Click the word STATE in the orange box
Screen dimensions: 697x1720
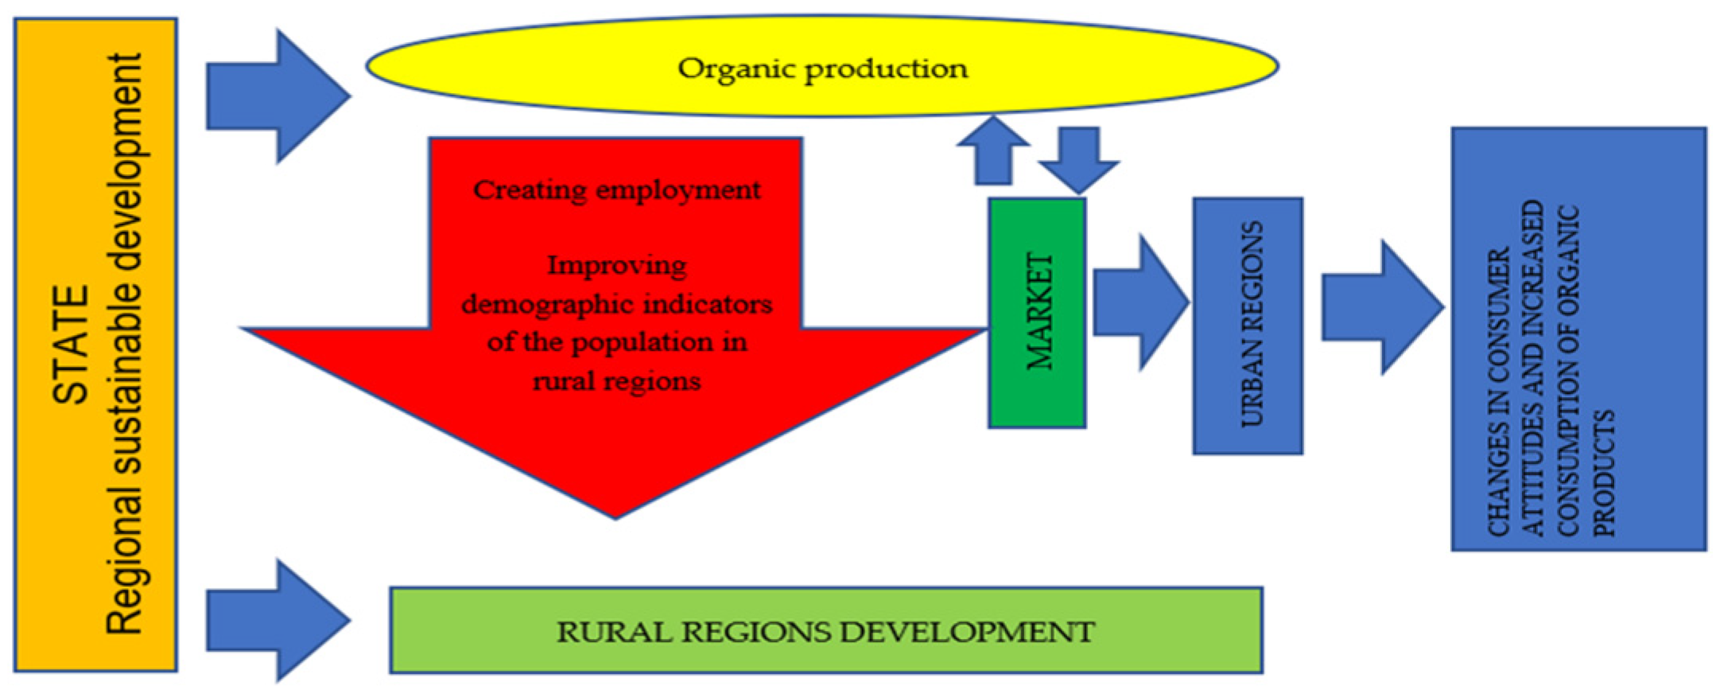click(70, 344)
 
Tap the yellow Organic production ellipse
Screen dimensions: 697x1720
click(822, 68)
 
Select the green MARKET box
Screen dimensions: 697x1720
click(1037, 313)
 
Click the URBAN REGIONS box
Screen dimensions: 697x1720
click(1248, 325)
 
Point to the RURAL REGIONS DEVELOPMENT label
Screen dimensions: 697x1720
click(825, 632)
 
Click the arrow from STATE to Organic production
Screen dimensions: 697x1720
click(277, 96)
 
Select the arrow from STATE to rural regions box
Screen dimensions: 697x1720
click(277, 621)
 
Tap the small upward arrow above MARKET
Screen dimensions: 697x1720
click(993, 150)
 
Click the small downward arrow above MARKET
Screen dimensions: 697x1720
click(1079, 160)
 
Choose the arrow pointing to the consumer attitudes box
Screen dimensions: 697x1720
click(1382, 307)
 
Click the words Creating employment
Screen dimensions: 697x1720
click(616, 190)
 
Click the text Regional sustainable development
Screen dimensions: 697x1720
click(125, 344)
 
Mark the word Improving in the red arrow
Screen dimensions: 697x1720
click(616, 265)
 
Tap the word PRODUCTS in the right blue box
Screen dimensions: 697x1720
click(1605, 473)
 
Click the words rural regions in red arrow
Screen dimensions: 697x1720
click(616, 381)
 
